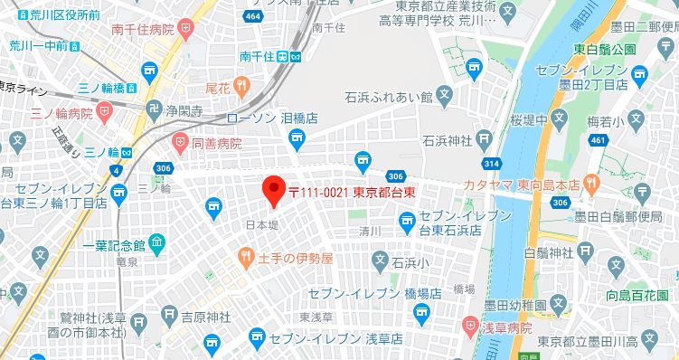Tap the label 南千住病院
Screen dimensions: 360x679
[x=143, y=30]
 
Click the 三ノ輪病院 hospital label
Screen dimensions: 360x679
[x=61, y=114]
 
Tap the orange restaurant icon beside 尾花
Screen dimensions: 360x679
[x=241, y=87]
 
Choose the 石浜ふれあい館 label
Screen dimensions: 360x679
[x=387, y=94]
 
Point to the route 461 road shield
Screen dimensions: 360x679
[x=598, y=140]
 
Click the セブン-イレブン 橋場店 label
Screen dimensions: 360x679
[x=373, y=294]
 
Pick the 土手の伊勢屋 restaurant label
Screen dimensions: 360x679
[x=296, y=259]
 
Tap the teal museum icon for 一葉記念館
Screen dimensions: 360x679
[x=158, y=243]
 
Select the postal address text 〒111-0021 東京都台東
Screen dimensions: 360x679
[x=359, y=192]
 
